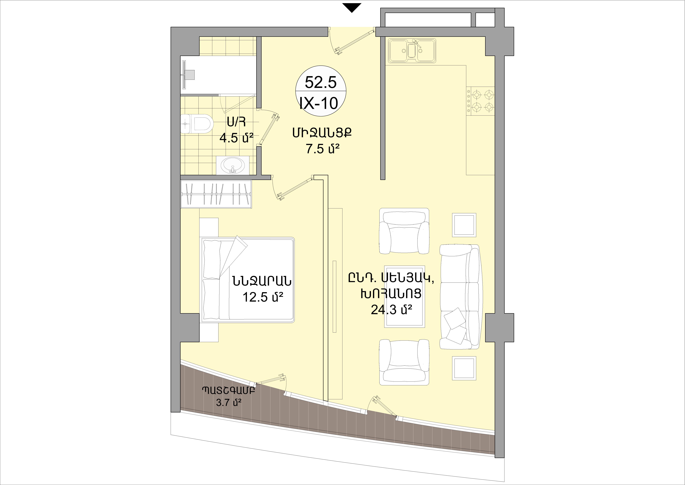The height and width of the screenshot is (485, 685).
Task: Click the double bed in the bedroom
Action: [248, 279]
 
